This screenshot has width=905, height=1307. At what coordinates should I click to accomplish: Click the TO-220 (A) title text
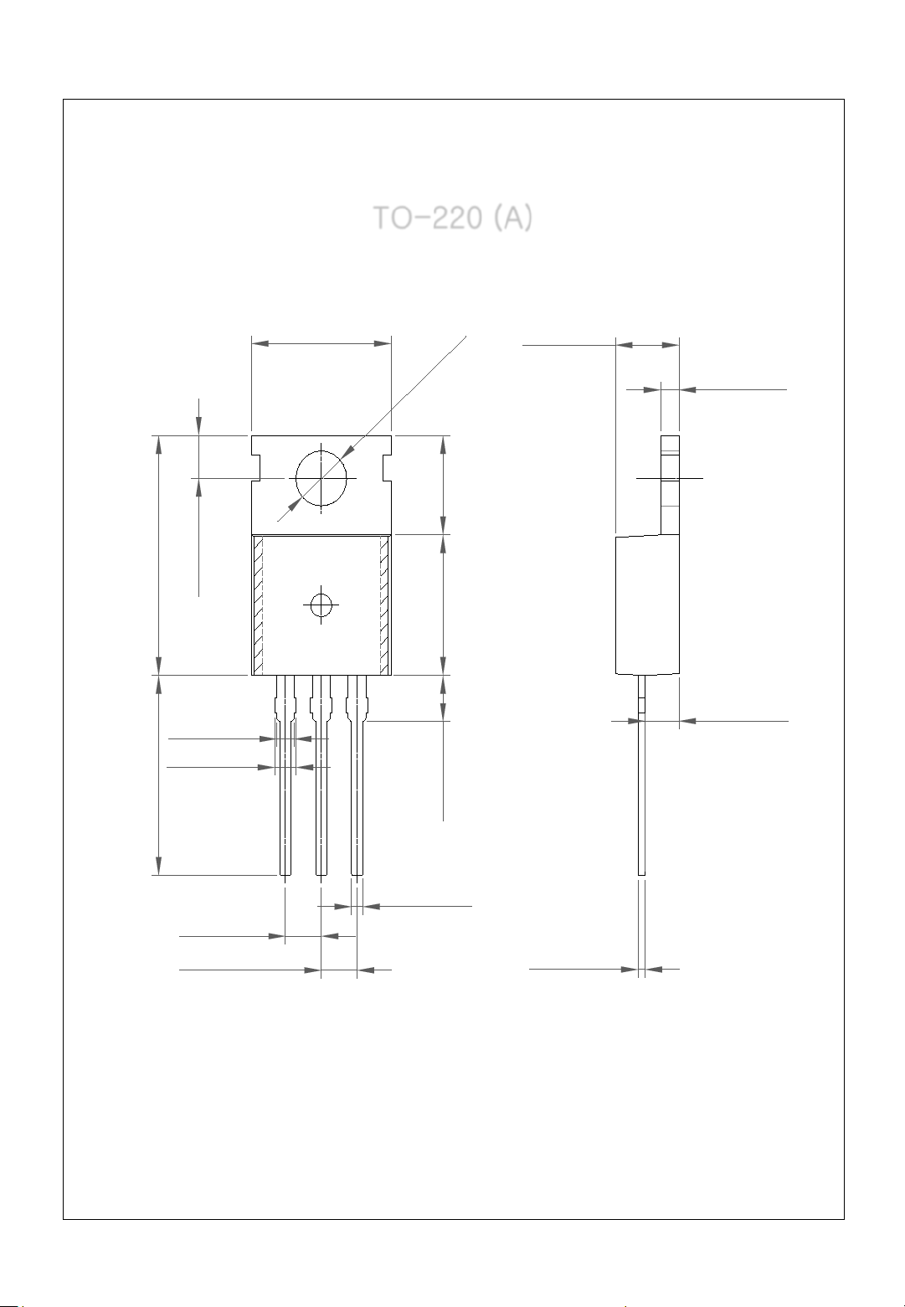coord(453,218)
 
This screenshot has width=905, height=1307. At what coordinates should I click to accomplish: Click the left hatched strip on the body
coord(258,605)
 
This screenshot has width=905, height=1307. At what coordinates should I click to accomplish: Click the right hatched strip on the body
coord(384,605)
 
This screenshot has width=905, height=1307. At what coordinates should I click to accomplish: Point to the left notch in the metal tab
coord(256,469)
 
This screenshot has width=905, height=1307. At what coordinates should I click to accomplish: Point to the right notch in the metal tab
coord(387,469)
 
